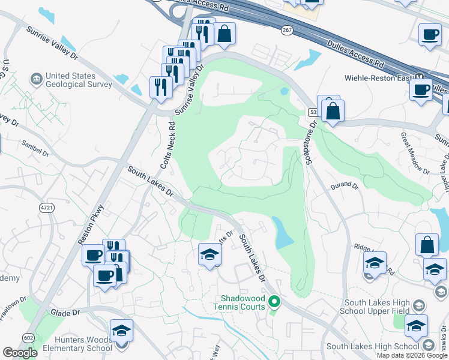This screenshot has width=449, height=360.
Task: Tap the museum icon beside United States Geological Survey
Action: point(37,79)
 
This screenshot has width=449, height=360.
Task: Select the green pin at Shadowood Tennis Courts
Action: point(274,302)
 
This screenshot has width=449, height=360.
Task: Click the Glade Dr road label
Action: point(65,313)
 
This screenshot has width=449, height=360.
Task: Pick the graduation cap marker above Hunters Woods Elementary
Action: point(121,331)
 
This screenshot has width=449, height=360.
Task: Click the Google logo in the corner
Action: point(20,352)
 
